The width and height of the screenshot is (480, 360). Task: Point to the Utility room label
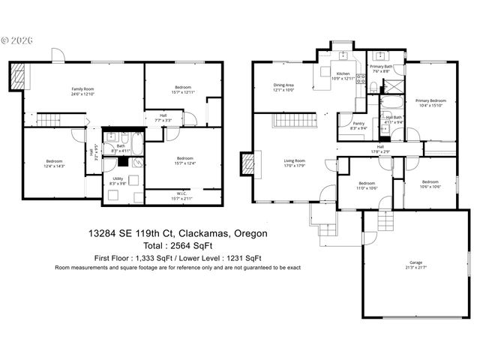coord(118,178)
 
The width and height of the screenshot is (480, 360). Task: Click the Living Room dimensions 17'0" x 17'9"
coord(293,166)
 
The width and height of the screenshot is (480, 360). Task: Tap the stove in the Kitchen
coord(361,81)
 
